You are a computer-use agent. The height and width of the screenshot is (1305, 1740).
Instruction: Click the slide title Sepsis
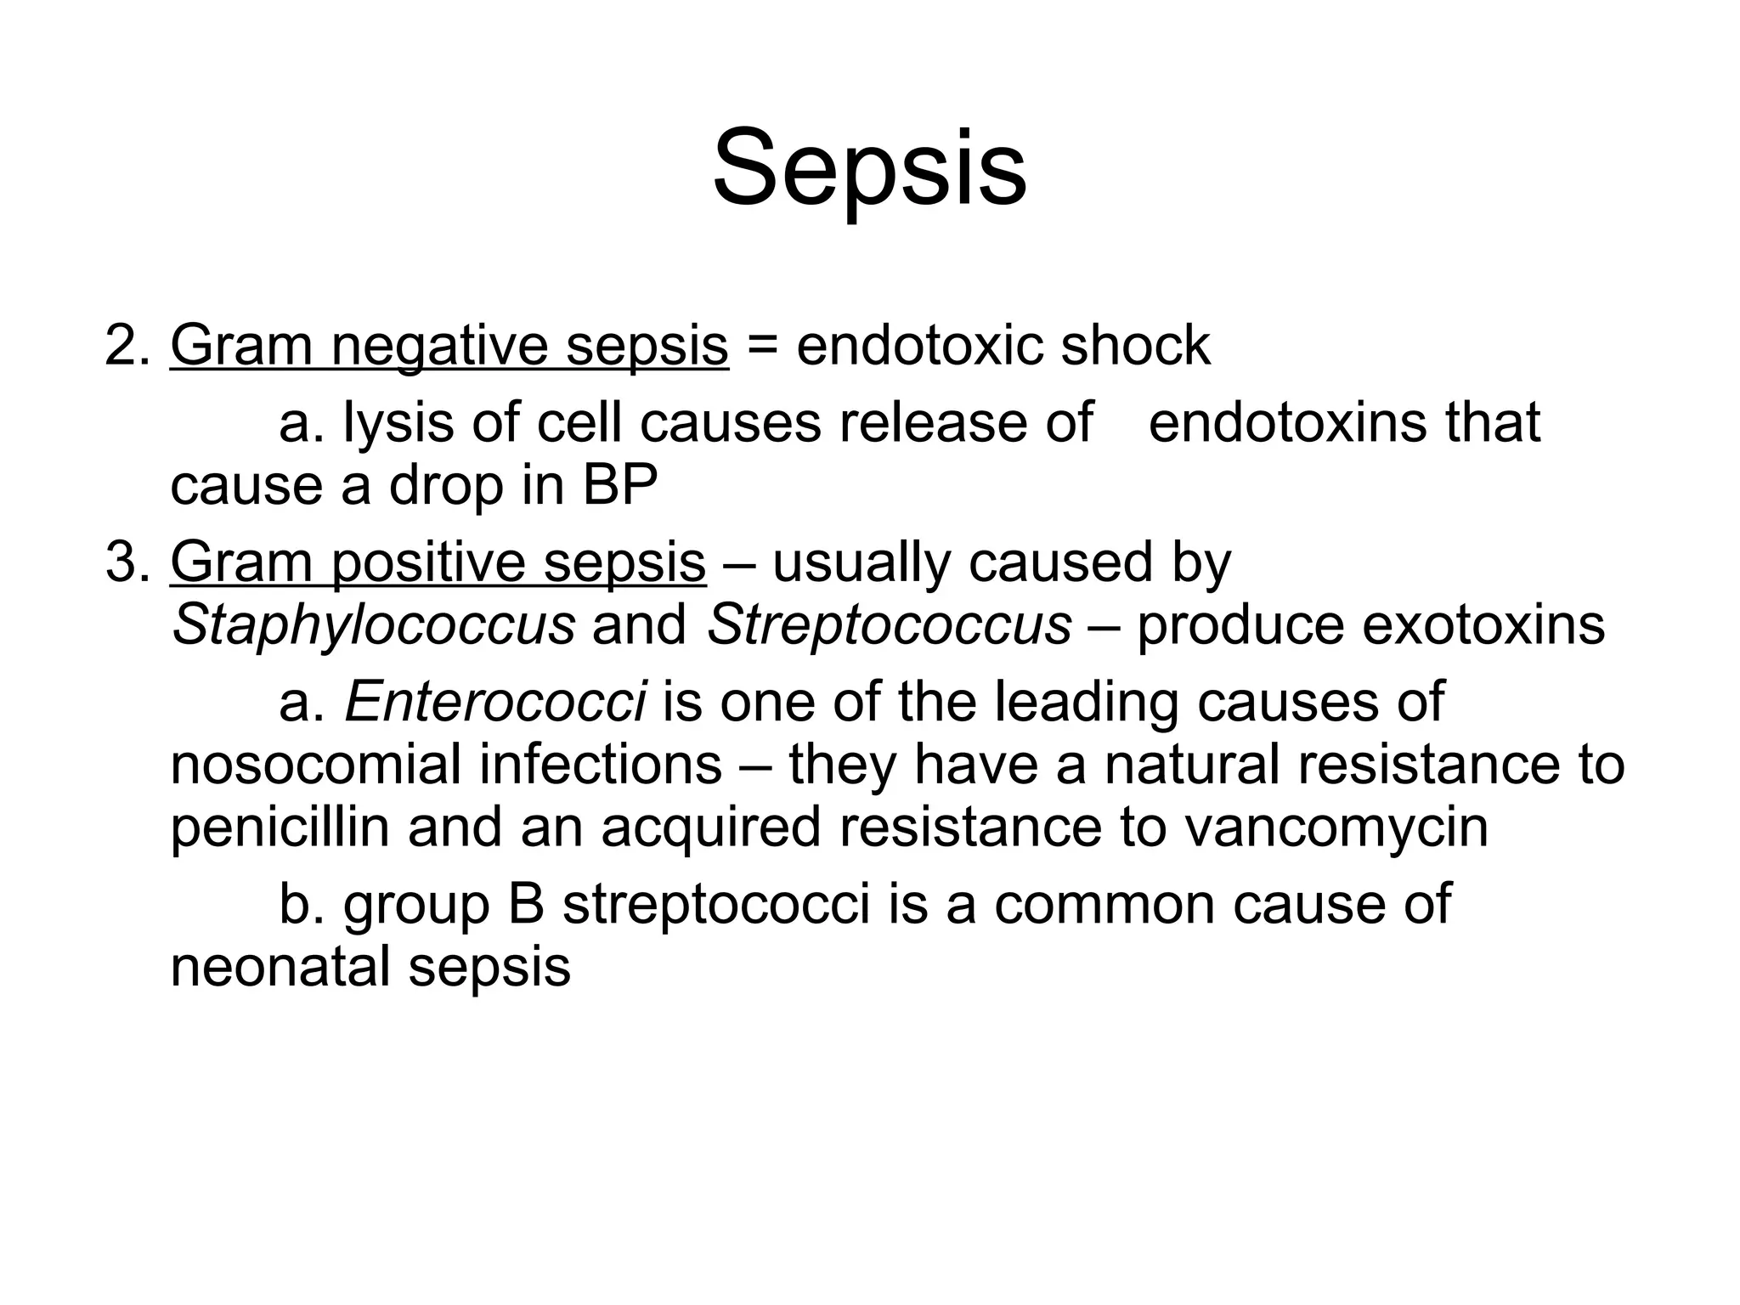pyautogui.click(x=869, y=168)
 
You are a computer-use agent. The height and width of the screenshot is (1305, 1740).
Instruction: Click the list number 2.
pyautogui.click(x=127, y=346)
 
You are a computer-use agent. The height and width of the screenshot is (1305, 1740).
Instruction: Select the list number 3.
pyautogui.click(x=127, y=562)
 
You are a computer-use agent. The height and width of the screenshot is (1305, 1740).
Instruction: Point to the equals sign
pyautogui.click(x=762, y=347)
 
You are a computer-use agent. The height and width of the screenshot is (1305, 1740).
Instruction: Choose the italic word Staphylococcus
pyautogui.click(x=373, y=625)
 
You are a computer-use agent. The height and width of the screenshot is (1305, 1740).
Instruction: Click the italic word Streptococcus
pyautogui.click(x=889, y=625)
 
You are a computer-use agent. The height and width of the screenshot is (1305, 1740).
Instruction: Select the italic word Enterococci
pyautogui.click(x=495, y=703)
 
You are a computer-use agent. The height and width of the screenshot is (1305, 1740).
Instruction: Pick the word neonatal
pyautogui.click(x=280, y=967)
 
